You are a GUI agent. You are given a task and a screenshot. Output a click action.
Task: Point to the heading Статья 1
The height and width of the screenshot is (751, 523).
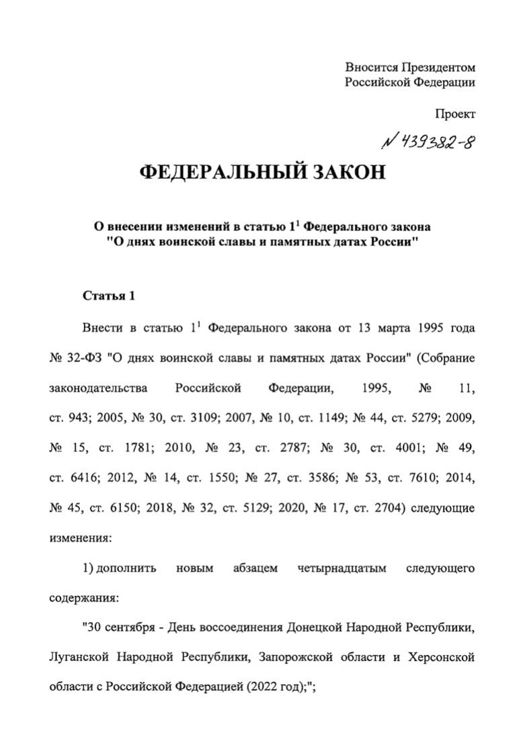point(109,296)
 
